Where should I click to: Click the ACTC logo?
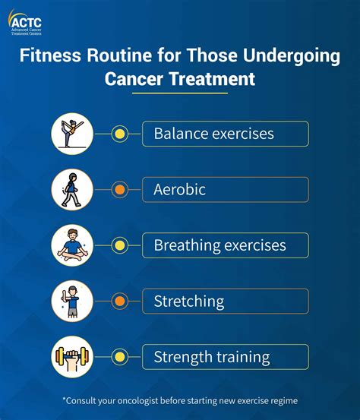(x=25, y=23)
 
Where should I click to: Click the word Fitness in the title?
(x=50, y=55)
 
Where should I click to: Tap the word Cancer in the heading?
(x=134, y=79)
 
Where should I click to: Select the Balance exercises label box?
(x=226, y=134)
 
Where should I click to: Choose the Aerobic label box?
(x=226, y=190)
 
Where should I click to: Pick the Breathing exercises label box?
(x=226, y=245)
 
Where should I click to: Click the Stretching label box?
(x=226, y=301)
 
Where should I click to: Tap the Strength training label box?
(x=226, y=357)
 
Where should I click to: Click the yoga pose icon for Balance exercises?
(x=72, y=134)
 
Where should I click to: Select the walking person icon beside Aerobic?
(x=72, y=190)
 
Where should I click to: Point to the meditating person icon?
(x=72, y=245)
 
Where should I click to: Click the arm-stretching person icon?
(x=72, y=301)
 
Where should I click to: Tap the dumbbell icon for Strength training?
(x=72, y=357)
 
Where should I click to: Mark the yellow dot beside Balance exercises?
(x=120, y=134)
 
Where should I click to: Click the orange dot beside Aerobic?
(x=120, y=190)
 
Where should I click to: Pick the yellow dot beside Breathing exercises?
(x=120, y=245)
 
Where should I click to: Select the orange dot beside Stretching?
(x=120, y=301)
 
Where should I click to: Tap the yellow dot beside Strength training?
(x=120, y=357)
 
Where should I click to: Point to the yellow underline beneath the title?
(x=180, y=93)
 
